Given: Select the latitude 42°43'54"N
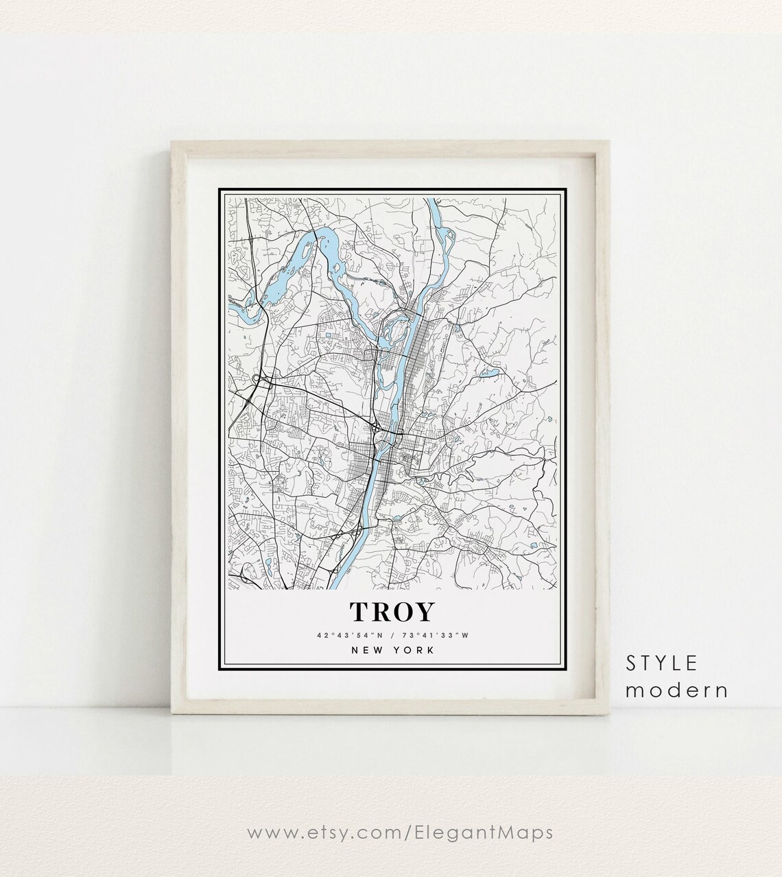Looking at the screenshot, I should pos(350,635).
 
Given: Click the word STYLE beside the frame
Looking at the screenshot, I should pos(661,663).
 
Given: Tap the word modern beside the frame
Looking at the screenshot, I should pos(676,690).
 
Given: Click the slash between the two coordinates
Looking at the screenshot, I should pos(392,635).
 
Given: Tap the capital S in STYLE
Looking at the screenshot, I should pos(630,663).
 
